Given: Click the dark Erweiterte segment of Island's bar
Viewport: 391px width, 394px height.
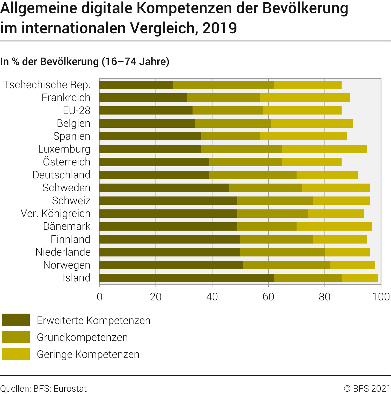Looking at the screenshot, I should (186, 278).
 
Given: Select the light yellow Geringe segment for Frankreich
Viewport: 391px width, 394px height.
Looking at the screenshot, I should (305, 98).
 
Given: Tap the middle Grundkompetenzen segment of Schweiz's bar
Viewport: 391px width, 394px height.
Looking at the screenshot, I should (275, 201).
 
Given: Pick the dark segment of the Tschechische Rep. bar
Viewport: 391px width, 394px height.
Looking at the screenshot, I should (136, 85).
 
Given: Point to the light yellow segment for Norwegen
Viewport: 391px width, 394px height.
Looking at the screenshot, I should (352, 265).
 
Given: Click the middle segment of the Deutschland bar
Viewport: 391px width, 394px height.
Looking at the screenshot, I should (253, 175).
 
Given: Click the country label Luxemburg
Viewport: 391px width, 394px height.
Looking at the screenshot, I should (64, 149).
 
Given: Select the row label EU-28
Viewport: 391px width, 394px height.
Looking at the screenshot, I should (77, 111).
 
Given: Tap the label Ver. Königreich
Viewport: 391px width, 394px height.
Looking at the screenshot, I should (56, 214).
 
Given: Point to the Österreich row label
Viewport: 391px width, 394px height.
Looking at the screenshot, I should (67, 162).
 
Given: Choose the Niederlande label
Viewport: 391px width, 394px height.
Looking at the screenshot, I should (63, 252).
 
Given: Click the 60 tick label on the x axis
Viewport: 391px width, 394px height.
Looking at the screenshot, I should (268, 297).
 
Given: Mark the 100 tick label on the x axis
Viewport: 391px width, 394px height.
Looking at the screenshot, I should (381, 297).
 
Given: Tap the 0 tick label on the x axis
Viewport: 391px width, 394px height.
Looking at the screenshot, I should (100, 297).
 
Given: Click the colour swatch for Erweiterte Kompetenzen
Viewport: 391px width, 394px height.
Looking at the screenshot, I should (16, 320).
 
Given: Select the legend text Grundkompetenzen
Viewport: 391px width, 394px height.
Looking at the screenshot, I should (82, 337).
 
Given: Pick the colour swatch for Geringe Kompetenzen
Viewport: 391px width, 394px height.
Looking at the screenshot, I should (16, 354).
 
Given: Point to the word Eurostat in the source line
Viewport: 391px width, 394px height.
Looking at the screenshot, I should (70, 389).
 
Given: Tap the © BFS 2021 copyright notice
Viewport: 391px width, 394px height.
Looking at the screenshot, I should (367, 389).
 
